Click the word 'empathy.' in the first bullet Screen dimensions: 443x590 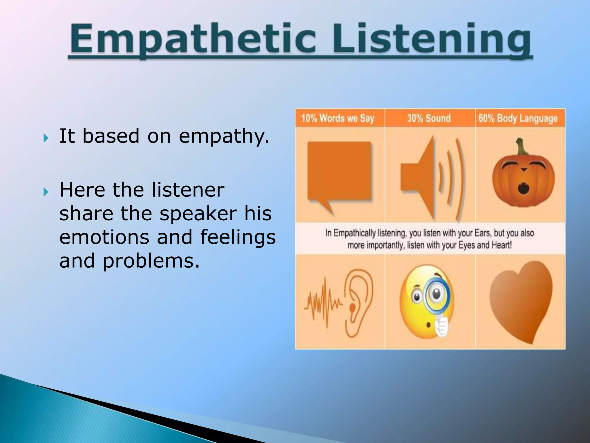224,136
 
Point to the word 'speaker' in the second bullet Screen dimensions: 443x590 198,214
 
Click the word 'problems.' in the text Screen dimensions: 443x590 151,261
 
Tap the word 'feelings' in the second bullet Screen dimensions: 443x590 238,237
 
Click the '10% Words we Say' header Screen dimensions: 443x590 338,118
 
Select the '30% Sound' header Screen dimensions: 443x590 429,118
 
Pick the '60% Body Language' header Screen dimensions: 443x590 518,119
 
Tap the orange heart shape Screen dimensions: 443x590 521,300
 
